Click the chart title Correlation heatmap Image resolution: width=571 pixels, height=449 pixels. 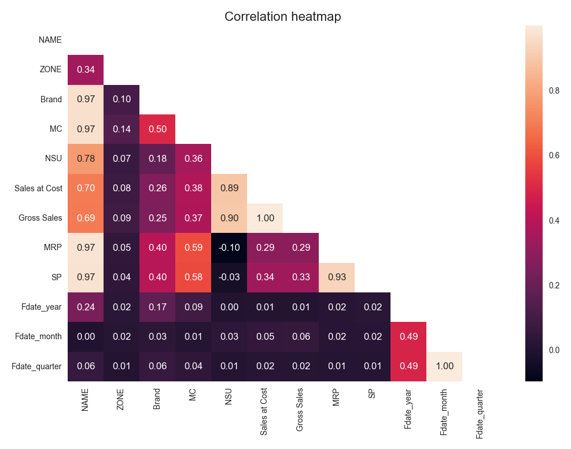pos(282,17)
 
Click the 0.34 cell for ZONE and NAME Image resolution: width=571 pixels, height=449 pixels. pos(86,69)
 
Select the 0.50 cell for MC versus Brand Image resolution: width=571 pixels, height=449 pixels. pos(157,129)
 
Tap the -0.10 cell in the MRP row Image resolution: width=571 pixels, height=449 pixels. pos(229,247)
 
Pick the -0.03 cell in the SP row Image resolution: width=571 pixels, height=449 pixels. pos(229,277)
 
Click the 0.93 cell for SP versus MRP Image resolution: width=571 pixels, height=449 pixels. pos(337,277)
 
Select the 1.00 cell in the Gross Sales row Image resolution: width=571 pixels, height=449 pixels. pos(265,218)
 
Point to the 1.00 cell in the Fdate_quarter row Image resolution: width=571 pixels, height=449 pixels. pos(444,366)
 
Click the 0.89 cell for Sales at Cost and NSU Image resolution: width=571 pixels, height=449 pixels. pos(229,188)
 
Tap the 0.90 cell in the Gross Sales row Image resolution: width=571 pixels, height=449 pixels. pos(229,218)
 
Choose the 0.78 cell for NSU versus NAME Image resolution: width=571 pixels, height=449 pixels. pos(86,158)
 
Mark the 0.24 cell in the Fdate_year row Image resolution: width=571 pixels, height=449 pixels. pos(86,307)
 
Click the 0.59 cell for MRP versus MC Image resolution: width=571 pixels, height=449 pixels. pos(193,247)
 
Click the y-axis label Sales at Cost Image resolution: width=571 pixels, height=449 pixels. pos(38,188)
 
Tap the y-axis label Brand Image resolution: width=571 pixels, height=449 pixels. pos(51,99)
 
